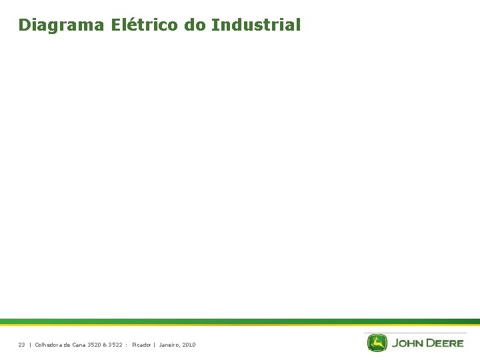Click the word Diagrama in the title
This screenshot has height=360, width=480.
click(x=61, y=25)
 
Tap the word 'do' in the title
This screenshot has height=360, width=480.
click(x=198, y=25)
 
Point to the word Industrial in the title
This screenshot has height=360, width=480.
click(x=256, y=25)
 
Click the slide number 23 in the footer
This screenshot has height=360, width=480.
click(x=21, y=345)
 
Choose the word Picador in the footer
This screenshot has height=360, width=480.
click(x=141, y=345)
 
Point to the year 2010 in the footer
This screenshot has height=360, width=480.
click(x=189, y=345)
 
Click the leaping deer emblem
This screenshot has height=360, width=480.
click(x=377, y=343)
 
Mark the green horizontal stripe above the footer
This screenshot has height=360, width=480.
click(x=240, y=321)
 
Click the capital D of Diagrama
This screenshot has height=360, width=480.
click(x=25, y=25)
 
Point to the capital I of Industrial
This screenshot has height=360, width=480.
click(x=215, y=25)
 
